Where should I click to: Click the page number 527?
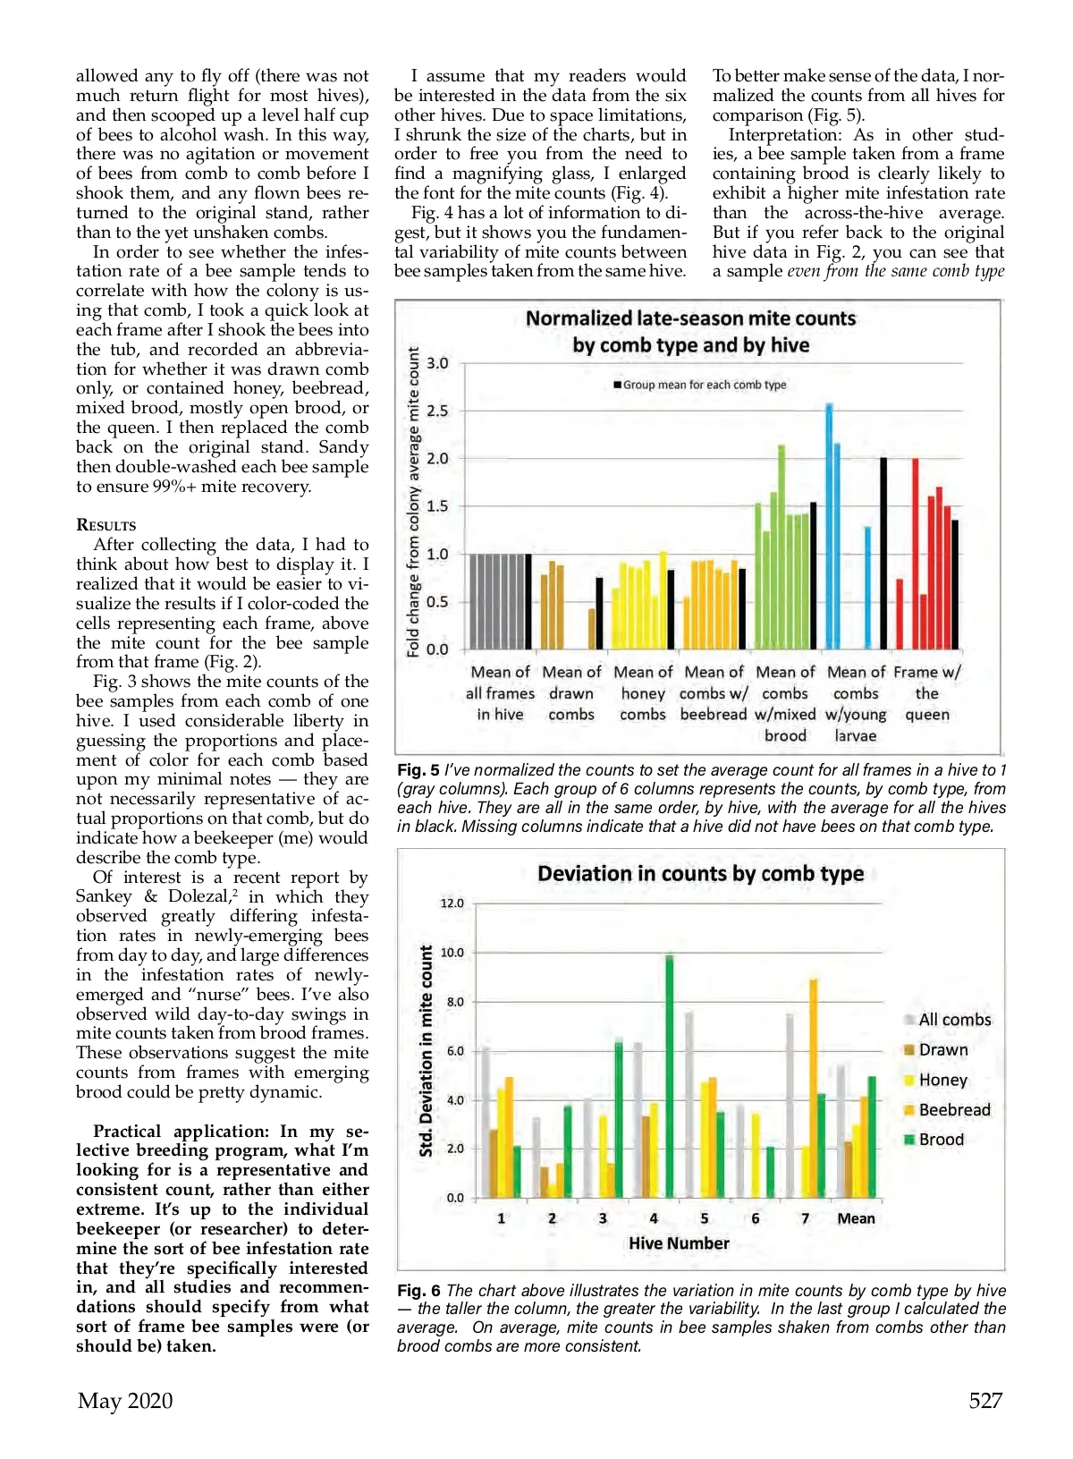[x=985, y=1400]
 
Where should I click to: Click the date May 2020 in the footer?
[x=125, y=1400]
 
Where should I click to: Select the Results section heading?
[x=106, y=525]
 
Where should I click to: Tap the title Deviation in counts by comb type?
[x=700, y=874]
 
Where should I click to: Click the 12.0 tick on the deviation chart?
[x=452, y=903]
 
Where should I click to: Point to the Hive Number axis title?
[x=679, y=1243]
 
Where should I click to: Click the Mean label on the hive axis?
[x=856, y=1218]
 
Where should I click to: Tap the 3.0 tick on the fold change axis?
[x=437, y=363]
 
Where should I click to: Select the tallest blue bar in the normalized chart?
[x=829, y=528]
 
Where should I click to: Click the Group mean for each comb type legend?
[x=699, y=385]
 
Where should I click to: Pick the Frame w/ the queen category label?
[x=927, y=692]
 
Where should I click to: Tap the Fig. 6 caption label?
[x=418, y=1291]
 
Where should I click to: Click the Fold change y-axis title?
[x=413, y=503]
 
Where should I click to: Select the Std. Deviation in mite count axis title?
[x=427, y=1050]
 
